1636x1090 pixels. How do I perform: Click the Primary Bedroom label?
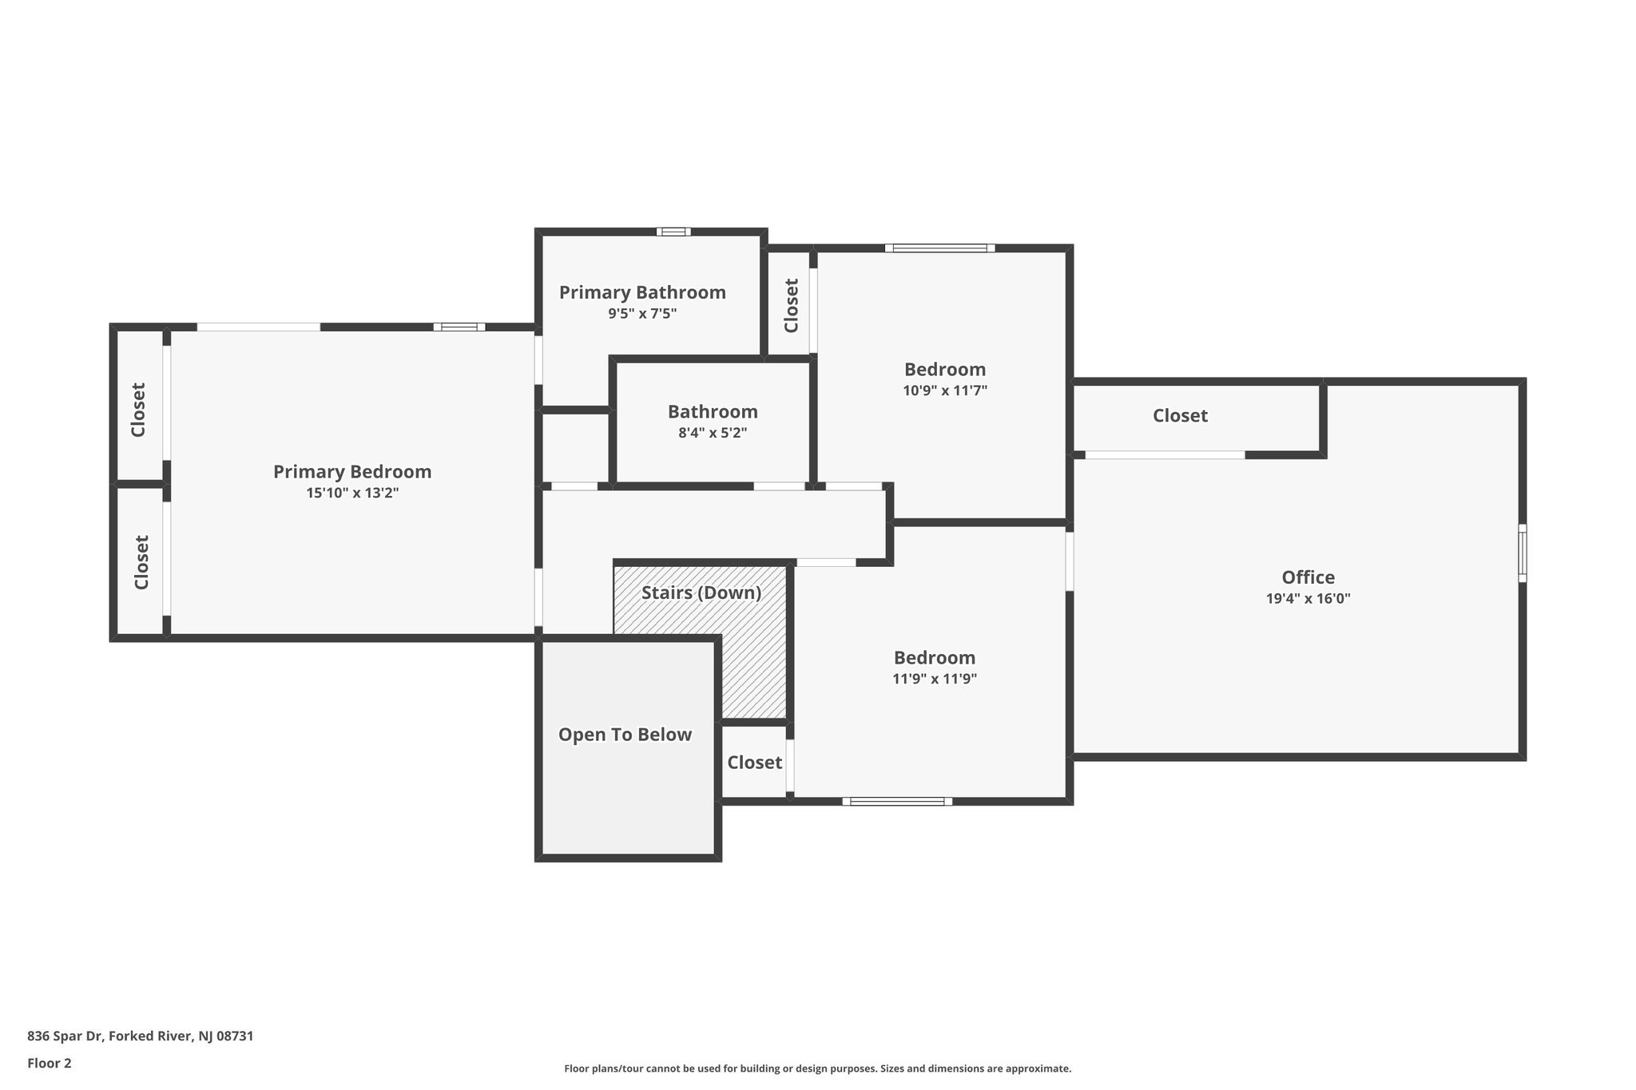352,472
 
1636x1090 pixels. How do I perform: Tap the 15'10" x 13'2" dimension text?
352,493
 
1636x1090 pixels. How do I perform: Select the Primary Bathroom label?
642,292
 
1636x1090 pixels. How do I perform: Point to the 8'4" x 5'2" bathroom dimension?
713,433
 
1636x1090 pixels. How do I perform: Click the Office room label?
1308,577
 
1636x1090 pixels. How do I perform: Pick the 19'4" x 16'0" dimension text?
1308,599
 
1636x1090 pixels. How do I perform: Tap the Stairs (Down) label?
701,593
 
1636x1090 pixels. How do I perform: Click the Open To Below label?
625,735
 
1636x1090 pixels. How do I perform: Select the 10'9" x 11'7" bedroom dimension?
945,390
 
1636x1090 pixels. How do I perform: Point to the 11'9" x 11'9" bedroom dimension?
935,680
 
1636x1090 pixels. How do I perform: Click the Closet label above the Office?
1180,416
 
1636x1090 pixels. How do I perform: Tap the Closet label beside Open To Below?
754,763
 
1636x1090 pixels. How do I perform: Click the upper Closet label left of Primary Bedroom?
138,410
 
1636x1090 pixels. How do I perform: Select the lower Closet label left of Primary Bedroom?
141,562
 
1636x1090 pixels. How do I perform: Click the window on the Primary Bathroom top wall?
673,232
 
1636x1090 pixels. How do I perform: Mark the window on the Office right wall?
1523,553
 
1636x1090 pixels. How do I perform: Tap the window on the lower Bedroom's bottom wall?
897,801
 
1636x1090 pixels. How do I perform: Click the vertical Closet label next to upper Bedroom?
791,305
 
